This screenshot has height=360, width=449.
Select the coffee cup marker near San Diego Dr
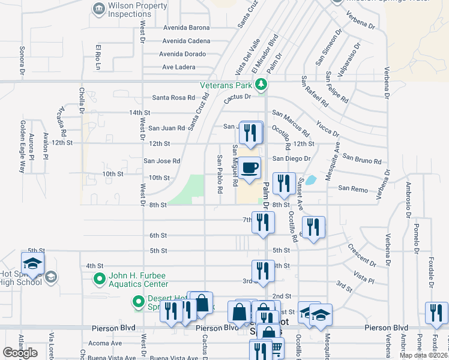point(249,168)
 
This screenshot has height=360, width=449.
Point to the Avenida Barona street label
point(187,28)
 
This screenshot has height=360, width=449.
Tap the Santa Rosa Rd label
point(173,97)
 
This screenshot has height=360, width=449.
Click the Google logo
point(20,352)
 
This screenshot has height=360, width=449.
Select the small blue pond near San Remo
point(311,179)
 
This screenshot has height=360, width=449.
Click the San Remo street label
point(352,188)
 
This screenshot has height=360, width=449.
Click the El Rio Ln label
point(97,56)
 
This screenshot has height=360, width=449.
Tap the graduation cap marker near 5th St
point(33,263)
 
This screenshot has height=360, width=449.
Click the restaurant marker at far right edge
point(437,313)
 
